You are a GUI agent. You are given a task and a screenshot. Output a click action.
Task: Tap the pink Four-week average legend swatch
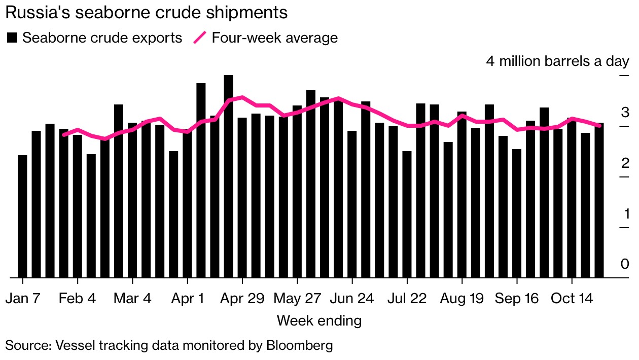200,38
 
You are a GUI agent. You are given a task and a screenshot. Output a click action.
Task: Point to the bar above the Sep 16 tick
517,213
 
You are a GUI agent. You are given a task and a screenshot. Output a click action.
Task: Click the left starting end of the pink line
63,134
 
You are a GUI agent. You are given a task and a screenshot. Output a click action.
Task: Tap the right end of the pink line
600,125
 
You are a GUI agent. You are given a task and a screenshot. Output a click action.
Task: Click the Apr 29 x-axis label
242,299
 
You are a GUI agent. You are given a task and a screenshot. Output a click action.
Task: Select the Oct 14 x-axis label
572,299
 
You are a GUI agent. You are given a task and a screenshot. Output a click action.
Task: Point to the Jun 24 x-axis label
352,299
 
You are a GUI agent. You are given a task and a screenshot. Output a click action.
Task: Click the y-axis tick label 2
625,163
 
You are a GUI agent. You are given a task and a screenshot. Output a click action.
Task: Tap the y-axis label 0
625,264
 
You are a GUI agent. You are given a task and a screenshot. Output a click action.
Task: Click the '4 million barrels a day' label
557,61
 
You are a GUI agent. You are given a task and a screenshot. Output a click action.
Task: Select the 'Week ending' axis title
319,320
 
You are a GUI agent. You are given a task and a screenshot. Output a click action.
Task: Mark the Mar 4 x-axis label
132,299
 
